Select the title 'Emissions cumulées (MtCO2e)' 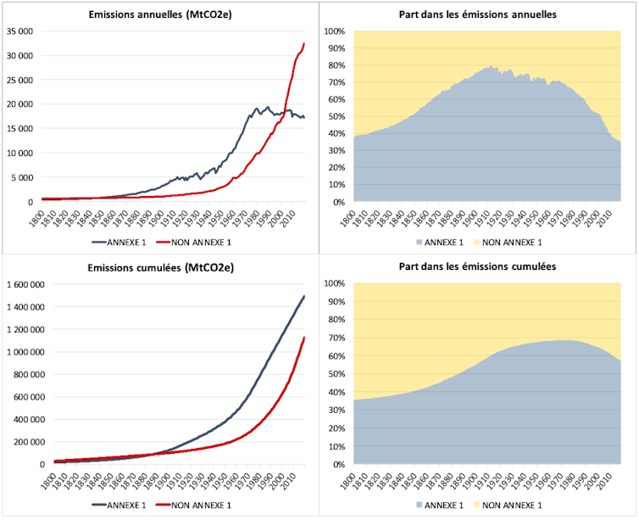(169, 268)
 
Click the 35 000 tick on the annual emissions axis (19, 31)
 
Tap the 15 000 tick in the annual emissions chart (19, 129)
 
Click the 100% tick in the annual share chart (333, 31)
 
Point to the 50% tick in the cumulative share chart (336, 374)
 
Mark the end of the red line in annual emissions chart (304, 43)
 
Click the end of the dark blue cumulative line (304, 296)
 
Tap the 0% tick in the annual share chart (337, 202)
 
